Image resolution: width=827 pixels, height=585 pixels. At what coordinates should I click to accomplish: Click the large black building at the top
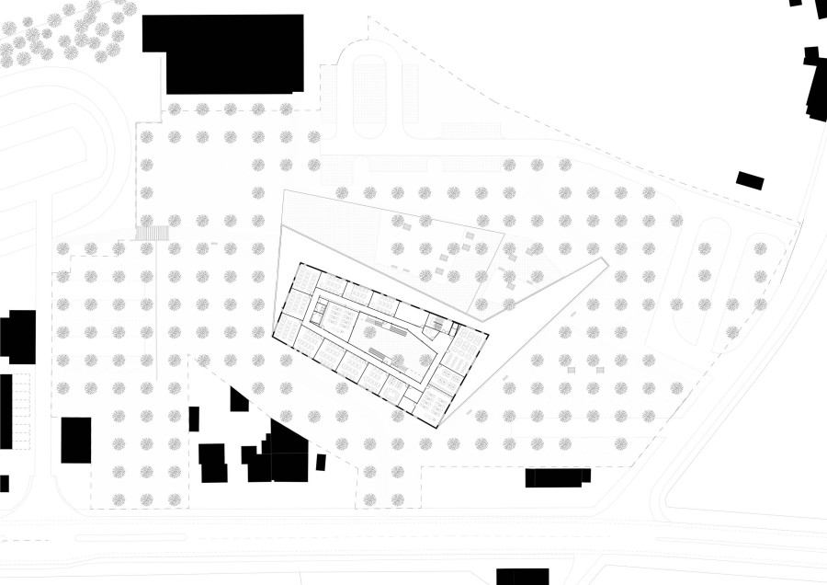[223, 53]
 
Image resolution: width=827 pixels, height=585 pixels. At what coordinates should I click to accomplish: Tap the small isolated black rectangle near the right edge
[751, 180]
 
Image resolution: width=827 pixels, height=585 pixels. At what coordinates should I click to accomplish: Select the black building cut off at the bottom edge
[522, 577]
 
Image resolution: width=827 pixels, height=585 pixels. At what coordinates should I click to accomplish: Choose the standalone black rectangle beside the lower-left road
[76, 441]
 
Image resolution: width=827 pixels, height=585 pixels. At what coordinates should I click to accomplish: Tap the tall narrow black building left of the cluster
[194, 419]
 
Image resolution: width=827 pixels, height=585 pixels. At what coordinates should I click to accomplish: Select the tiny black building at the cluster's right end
[321, 462]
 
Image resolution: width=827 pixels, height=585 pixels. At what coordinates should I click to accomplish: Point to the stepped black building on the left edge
[18, 337]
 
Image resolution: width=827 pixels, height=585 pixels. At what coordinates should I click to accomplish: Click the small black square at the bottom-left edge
[4, 483]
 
